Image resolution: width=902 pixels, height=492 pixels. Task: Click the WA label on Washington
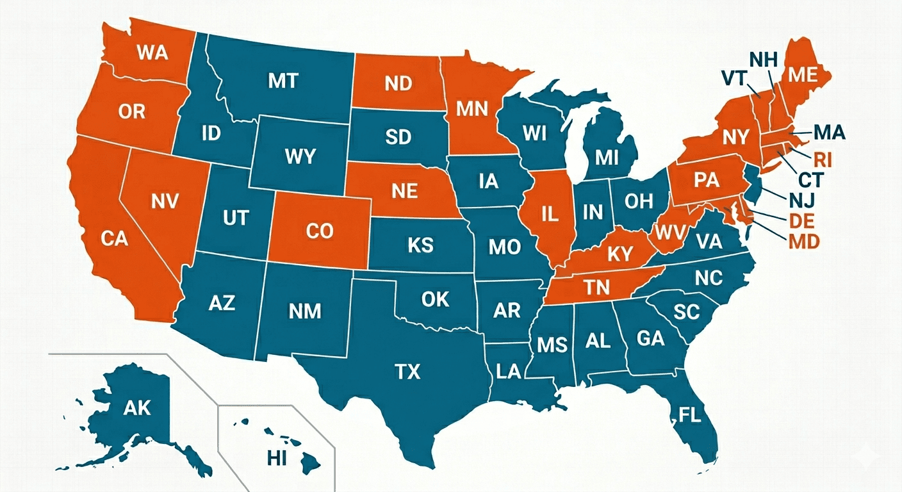152,51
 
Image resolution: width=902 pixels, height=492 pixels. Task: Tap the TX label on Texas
407,371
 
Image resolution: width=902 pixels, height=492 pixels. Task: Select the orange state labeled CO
320,231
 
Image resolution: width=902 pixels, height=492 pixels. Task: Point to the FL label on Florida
691,415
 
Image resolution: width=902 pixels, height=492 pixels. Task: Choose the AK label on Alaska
138,407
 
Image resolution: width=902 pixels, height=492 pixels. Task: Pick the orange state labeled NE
404,190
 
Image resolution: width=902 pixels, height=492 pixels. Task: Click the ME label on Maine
803,75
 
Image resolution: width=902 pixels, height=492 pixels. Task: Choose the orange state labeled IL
550,215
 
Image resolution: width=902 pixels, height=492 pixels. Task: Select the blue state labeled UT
235,218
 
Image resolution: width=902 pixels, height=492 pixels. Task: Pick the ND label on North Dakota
398,84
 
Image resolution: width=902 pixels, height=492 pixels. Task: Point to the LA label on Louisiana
508,372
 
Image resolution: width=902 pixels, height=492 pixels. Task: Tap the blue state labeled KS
420,245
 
